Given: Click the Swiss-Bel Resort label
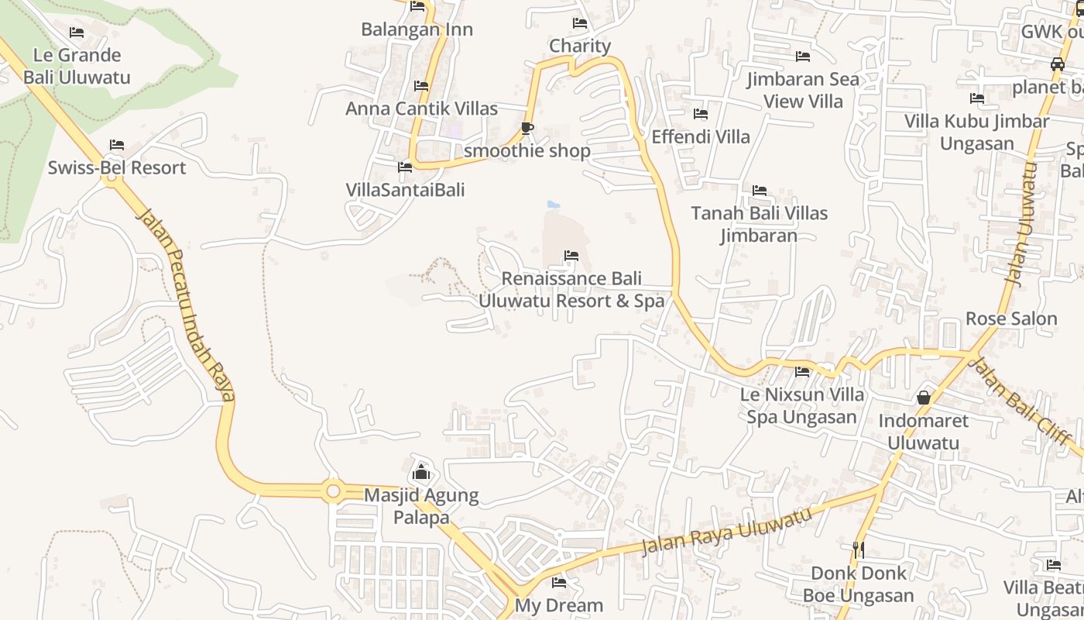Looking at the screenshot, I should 117,168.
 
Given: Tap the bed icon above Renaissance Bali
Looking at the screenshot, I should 571,255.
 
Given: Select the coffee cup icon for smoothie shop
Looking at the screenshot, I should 527,128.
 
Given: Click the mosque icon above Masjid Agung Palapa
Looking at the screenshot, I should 421,471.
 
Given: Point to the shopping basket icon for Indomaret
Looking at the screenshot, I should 923,398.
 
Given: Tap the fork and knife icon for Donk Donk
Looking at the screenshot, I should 858,550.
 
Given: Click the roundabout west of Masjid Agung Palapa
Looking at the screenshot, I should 334,491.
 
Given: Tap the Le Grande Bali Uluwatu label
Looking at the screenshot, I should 77,66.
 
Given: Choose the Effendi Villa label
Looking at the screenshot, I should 701,137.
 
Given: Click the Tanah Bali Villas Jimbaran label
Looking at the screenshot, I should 759,224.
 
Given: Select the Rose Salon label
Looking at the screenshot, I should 1011,319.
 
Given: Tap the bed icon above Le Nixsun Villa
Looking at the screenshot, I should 802,372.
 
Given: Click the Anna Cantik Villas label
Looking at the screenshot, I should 421,108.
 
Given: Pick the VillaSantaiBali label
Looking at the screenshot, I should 405,190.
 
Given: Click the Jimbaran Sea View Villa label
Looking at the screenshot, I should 803,90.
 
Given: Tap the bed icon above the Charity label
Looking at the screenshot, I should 580,23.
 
